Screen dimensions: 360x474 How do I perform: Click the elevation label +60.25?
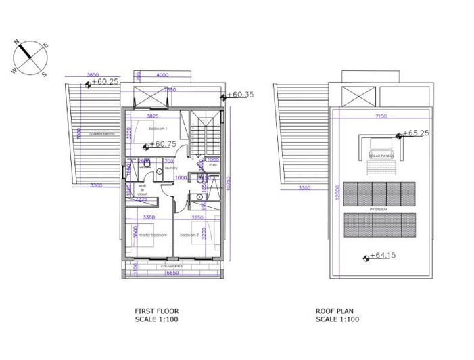coord(105,82)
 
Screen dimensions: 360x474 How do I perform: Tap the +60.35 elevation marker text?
coord(241,95)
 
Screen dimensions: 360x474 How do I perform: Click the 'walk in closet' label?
coord(142,189)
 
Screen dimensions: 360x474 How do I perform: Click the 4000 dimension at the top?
coord(162,75)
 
